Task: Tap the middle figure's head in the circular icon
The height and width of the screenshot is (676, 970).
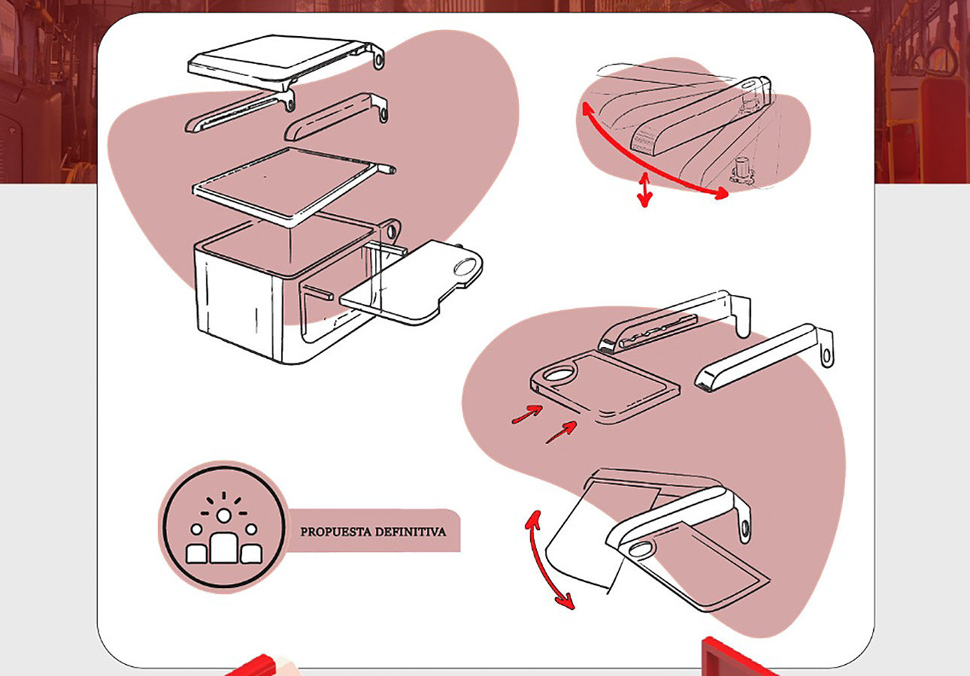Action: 223,515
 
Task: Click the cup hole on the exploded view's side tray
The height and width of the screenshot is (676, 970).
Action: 466,264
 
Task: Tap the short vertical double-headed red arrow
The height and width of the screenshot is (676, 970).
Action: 644,189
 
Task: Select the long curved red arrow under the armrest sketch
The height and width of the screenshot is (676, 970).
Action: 647,161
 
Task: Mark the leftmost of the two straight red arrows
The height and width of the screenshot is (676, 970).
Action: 527,414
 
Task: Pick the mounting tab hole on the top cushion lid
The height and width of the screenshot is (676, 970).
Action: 379,58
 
